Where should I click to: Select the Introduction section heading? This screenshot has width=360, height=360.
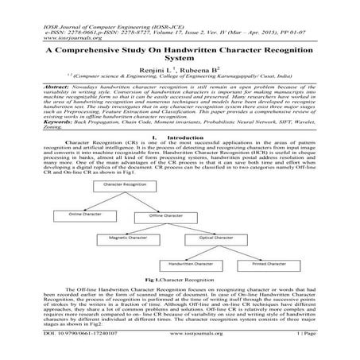(180, 137)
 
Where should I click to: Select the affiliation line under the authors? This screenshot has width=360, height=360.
(180, 77)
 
